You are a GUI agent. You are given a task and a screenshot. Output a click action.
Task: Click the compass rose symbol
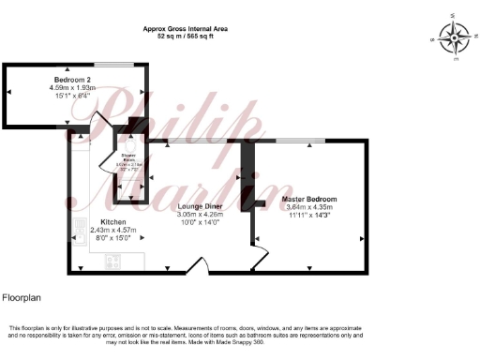point(456,39)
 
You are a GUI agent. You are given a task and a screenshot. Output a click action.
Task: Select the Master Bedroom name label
point(309,200)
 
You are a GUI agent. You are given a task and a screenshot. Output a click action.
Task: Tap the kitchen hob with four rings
point(113,261)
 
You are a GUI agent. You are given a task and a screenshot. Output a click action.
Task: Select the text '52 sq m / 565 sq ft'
point(187,36)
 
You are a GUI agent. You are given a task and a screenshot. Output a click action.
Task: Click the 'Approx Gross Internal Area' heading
point(187,28)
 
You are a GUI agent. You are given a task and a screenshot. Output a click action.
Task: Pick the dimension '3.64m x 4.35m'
point(309,207)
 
